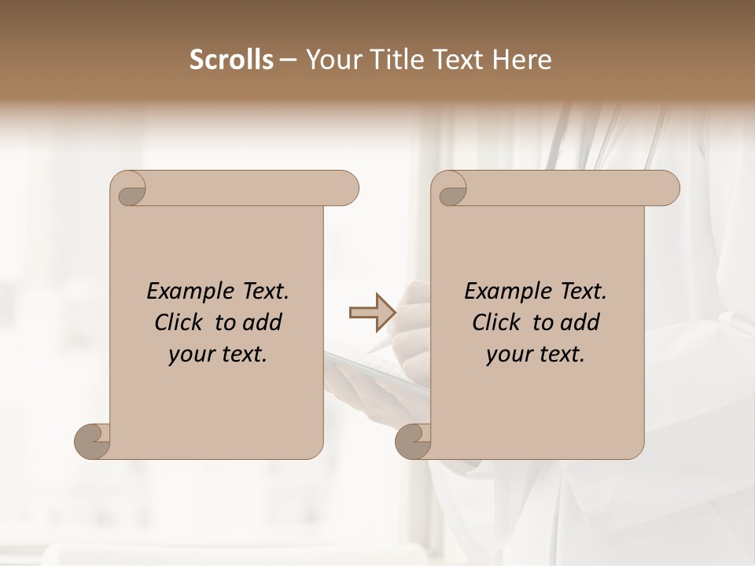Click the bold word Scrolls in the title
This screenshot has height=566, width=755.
[231, 60]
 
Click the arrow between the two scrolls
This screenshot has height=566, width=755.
[372, 313]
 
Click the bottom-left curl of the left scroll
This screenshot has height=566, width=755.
[92, 441]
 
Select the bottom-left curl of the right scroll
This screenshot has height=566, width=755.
[413, 441]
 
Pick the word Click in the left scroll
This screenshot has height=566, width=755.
[179, 323]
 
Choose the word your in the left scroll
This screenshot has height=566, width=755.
[189, 355]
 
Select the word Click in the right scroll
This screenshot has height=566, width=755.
[497, 323]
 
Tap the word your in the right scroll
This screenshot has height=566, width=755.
[506, 355]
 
